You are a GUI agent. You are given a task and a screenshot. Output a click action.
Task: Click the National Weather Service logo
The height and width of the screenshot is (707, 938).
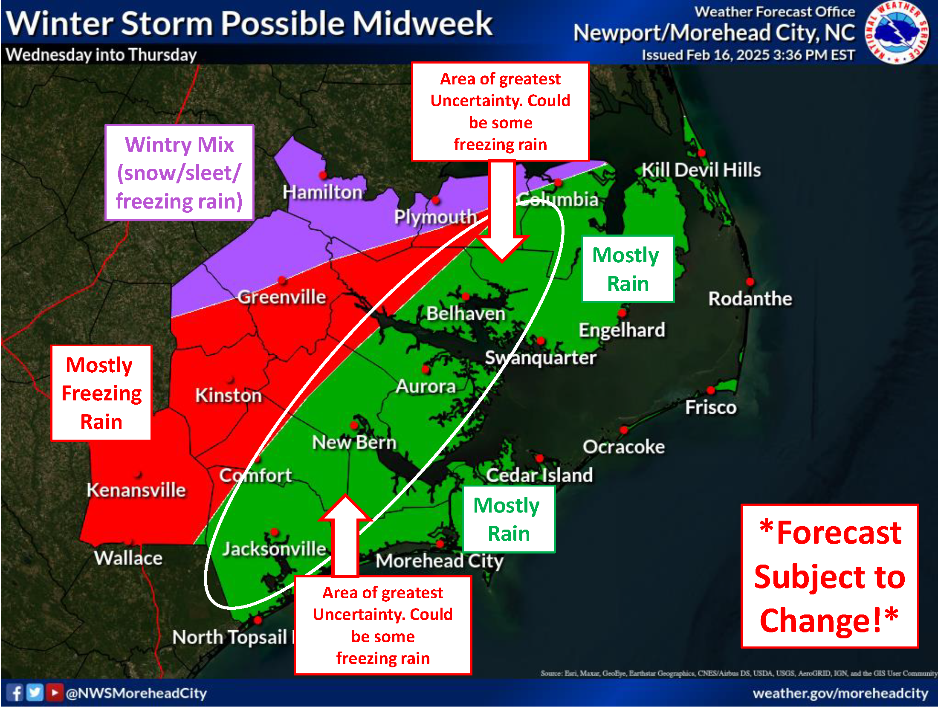pyautogui.click(x=897, y=32)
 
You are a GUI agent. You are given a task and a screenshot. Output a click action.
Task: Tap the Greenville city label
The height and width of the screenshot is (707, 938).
pyautogui.click(x=281, y=297)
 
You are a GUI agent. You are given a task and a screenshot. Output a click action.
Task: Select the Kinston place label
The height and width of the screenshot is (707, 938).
pyautogui.click(x=229, y=395)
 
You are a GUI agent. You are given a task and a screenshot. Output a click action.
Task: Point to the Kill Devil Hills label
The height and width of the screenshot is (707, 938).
pyautogui.click(x=701, y=170)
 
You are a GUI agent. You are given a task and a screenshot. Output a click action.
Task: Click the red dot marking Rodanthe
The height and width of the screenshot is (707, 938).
pyautogui.click(x=750, y=282)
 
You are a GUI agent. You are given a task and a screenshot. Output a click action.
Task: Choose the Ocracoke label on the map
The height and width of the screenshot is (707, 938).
pyautogui.click(x=623, y=447)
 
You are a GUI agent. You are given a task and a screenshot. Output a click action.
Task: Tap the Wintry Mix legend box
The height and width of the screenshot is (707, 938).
pyautogui.click(x=179, y=173)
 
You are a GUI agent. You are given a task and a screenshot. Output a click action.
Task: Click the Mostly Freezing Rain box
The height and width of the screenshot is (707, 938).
pyautogui.click(x=101, y=393)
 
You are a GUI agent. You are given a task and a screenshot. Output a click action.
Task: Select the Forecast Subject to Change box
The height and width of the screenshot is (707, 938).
pyautogui.click(x=829, y=576)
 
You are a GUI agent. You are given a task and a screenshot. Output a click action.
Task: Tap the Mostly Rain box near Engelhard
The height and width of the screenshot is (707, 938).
pyautogui.click(x=627, y=269)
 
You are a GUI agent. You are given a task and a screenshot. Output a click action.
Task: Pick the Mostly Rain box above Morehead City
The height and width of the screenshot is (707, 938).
pyautogui.click(x=508, y=519)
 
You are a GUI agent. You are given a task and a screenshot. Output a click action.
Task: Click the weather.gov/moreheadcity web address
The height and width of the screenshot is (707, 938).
pyautogui.click(x=840, y=693)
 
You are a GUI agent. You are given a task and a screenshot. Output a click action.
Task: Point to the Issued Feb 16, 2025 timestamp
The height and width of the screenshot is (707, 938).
pyautogui.click(x=748, y=55)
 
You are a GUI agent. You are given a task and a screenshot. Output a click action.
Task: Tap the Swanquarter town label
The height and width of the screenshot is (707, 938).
pyautogui.click(x=540, y=358)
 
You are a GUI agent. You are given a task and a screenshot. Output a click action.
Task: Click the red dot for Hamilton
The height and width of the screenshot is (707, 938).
pyautogui.click(x=323, y=175)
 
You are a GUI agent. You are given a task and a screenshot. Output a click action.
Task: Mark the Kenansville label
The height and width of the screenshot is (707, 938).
pyautogui.click(x=136, y=490)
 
